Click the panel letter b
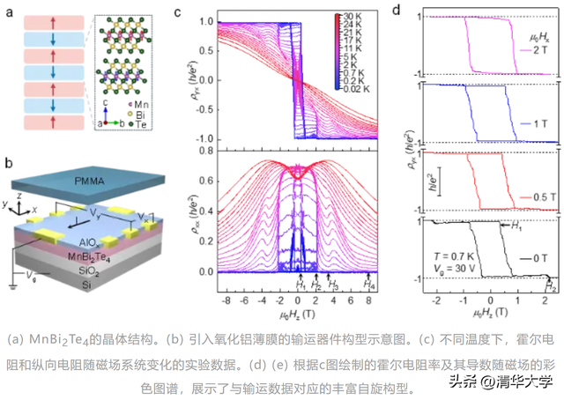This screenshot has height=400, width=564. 8,163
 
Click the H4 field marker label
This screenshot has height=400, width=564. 369,286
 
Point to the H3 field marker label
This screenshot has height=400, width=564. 332,286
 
